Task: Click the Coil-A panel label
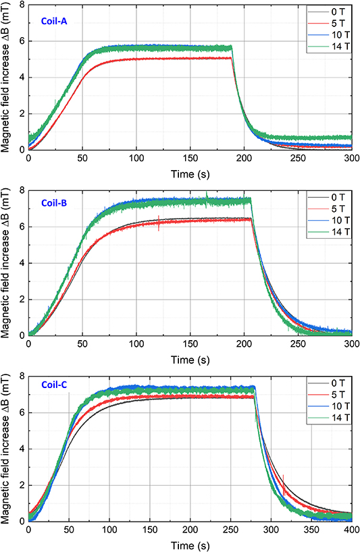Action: (x=51, y=22)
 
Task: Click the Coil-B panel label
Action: (x=51, y=202)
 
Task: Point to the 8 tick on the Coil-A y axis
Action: (x=21, y=5)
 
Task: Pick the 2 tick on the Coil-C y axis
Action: (x=21, y=485)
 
